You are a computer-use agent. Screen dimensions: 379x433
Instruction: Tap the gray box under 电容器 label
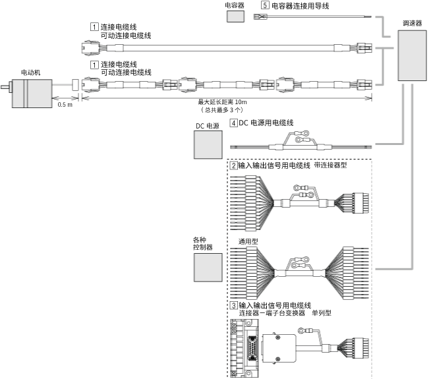[236, 16]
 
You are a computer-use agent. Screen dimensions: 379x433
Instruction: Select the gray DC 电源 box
[208, 145]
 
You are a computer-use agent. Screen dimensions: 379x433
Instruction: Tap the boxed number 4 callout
[234, 123]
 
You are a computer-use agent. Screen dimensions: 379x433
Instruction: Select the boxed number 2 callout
[233, 165]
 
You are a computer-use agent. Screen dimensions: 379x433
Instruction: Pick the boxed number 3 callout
[233, 306]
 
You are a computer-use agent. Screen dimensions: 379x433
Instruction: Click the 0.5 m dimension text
[65, 105]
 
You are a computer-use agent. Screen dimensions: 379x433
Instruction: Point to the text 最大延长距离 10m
[222, 102]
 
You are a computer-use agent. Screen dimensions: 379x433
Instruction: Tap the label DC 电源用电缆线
[266, 123]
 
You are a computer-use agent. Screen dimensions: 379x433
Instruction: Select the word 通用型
[248, 242]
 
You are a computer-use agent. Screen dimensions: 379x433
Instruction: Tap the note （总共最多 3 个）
[222, 110]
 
